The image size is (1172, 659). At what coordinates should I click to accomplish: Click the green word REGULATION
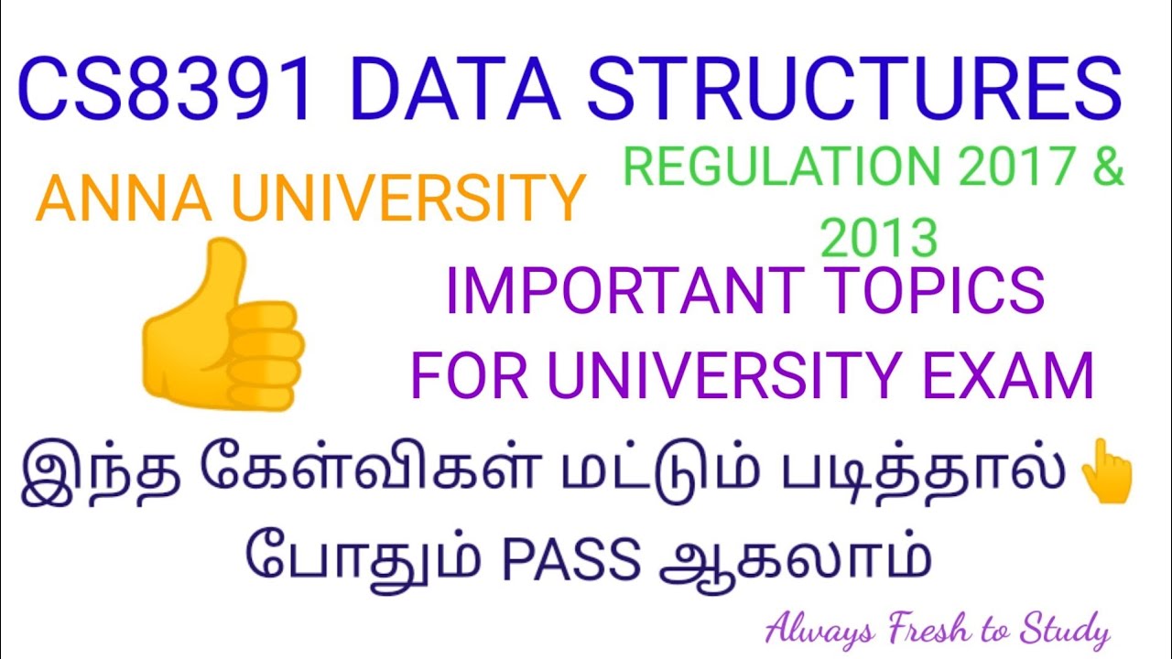click(x=780, y=167)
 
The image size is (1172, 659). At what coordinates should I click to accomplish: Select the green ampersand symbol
click(x=1107, y=167)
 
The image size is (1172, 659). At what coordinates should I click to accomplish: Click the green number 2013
click(x=880, y=237)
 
